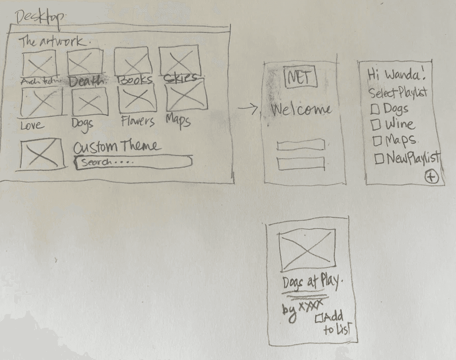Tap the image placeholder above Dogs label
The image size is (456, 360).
(90, 103)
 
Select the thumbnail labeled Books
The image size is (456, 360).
(132, 62)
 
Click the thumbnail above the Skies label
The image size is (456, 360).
(180, 61)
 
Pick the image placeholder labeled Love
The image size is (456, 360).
(42, 103)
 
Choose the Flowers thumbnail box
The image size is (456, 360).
(137, 100)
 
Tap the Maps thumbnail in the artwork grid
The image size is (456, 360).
(187, 97)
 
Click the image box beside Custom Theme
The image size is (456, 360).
(43, 155)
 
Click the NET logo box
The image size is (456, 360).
(301, 78)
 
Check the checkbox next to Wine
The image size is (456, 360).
(376, 124)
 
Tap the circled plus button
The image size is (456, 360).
(431, 177)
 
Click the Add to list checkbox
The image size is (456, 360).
(319, 319)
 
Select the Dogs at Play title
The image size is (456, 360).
(310, 284)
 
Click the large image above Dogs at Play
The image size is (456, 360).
(307, 250)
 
